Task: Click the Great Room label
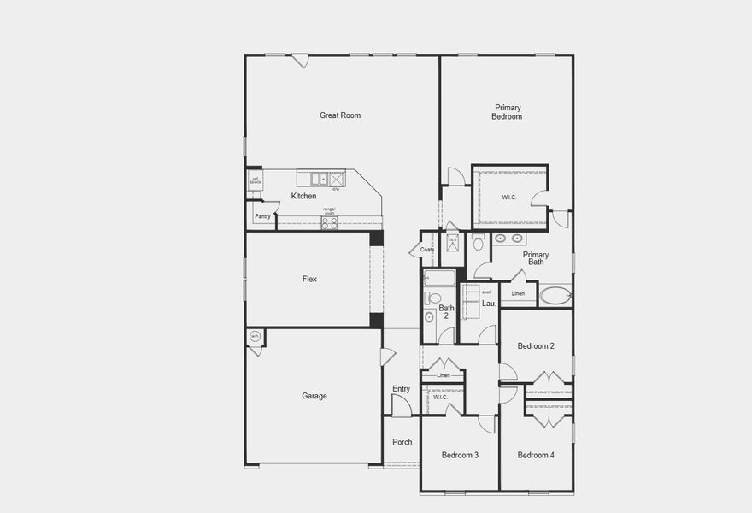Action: tap(340, 115)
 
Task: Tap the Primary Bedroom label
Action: tap(507, 112)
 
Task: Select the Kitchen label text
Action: tap(303, 197)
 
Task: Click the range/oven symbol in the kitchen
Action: tap(329, 222)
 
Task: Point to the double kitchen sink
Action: tap(319, 179)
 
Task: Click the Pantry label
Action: tap(262, 216)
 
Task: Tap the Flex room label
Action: tap(309, 280)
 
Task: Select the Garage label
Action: tap(314, 396)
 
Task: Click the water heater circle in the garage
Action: tap(255, 337)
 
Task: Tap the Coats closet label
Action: tap(427, 250)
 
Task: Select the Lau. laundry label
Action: tap(489, 304)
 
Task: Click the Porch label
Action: tap(402, 442)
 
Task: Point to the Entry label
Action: tap(401, 389)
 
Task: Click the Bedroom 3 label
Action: tap(460, 455)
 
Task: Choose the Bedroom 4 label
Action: tap(536, 455)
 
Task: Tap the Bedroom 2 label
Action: tap(536, 346)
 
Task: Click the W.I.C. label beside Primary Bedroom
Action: tap(508, 198)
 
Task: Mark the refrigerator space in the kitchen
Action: tap(255, 180)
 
